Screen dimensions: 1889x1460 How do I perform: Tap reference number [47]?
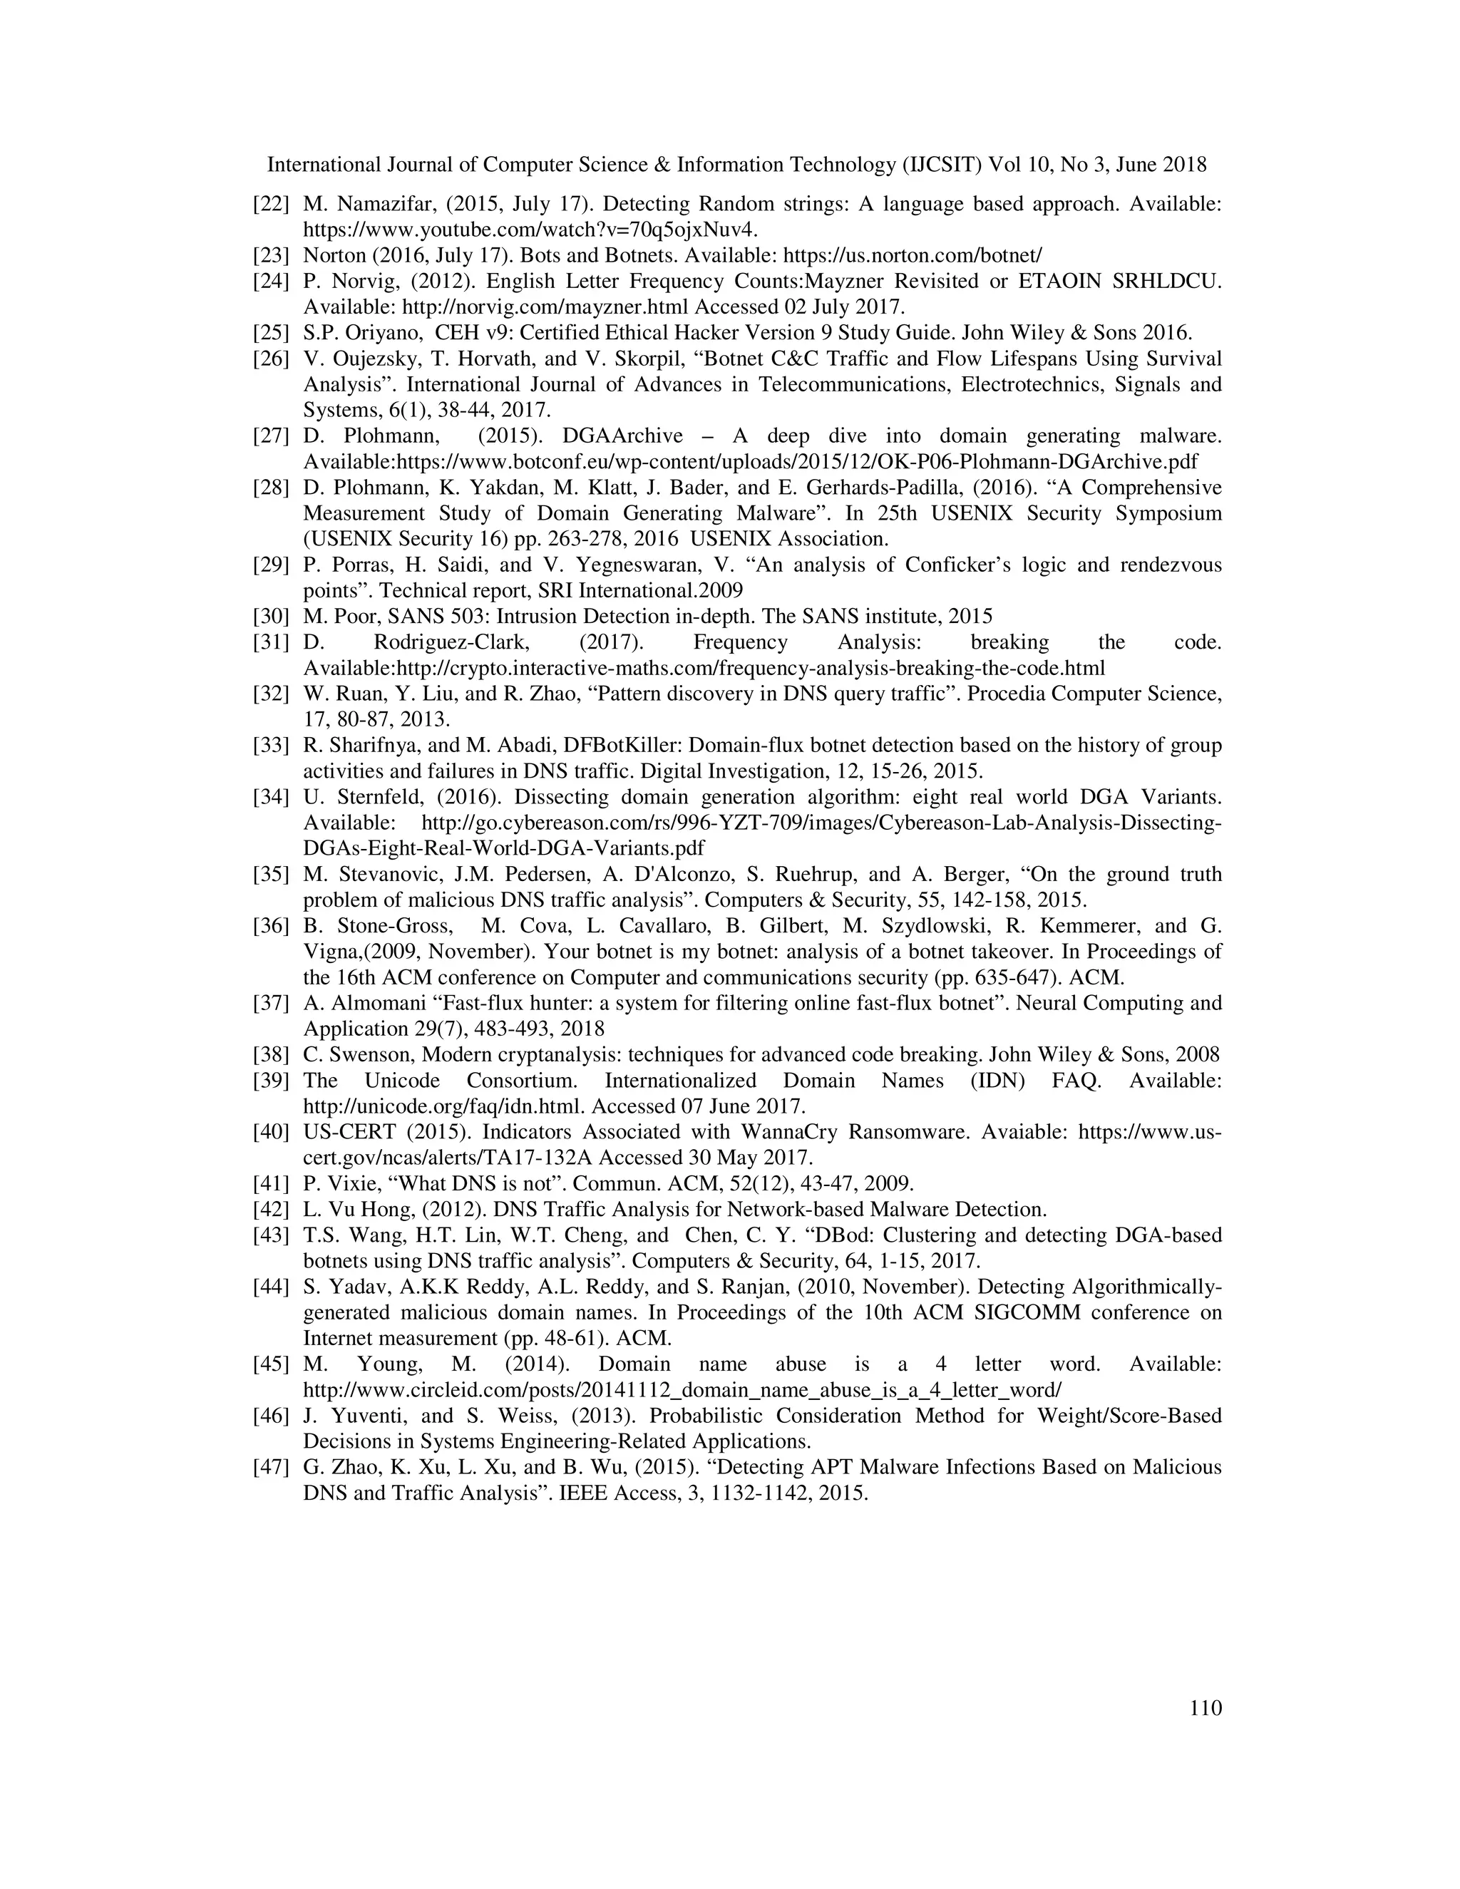(270, 1468)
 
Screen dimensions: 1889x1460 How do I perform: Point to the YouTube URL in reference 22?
(530, 230)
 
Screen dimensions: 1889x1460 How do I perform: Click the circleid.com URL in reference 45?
(682, 1390)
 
